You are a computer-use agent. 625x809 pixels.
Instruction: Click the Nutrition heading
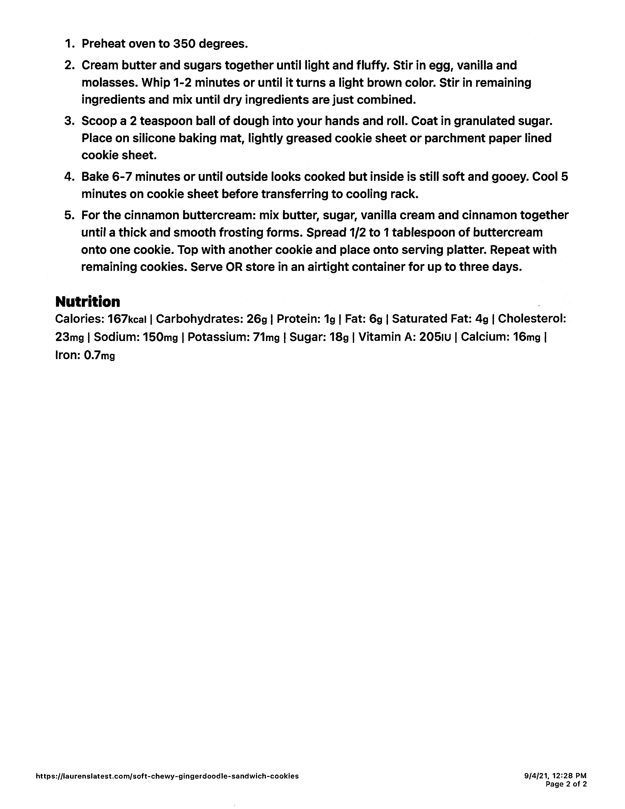coord(88,302)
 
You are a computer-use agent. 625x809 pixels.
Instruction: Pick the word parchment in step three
coord(456,138)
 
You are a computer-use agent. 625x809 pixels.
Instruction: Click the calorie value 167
coord(117,319)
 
